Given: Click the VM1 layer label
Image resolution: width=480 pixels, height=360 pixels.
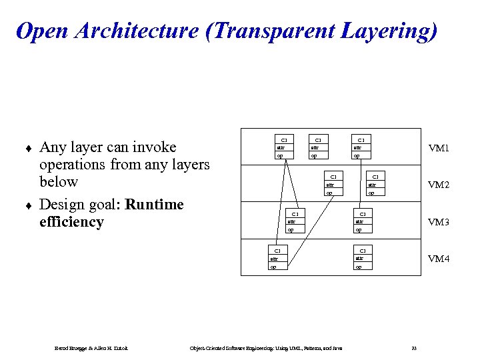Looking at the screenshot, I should pyautogui.click(x=438, y=148).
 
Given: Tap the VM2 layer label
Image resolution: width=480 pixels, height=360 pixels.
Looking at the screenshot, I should pyautogui.click(x=438, y=185).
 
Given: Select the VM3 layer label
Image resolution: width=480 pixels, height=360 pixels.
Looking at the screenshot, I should pyautogui.click(x=438, y=222).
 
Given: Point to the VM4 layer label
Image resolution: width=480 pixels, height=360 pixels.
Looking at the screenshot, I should pyautogui.click(x=438, y=259).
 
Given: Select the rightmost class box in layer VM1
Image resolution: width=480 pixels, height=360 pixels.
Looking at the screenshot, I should pyautogui.click(x=361, y=148).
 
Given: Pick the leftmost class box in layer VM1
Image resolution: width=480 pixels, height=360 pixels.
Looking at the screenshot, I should pyautogui.click(x=283, y=148).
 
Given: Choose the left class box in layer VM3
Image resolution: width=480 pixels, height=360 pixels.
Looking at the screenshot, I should pyautogui.click(x=295, y=222).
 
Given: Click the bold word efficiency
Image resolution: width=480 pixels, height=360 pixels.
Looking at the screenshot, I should pyautogui.click(x=72, y=222).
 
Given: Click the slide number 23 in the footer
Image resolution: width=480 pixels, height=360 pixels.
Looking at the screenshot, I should pyautogui.click(x=414, y=348).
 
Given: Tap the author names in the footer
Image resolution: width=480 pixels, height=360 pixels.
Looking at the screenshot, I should pyautogui.click(x=91, y=348).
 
